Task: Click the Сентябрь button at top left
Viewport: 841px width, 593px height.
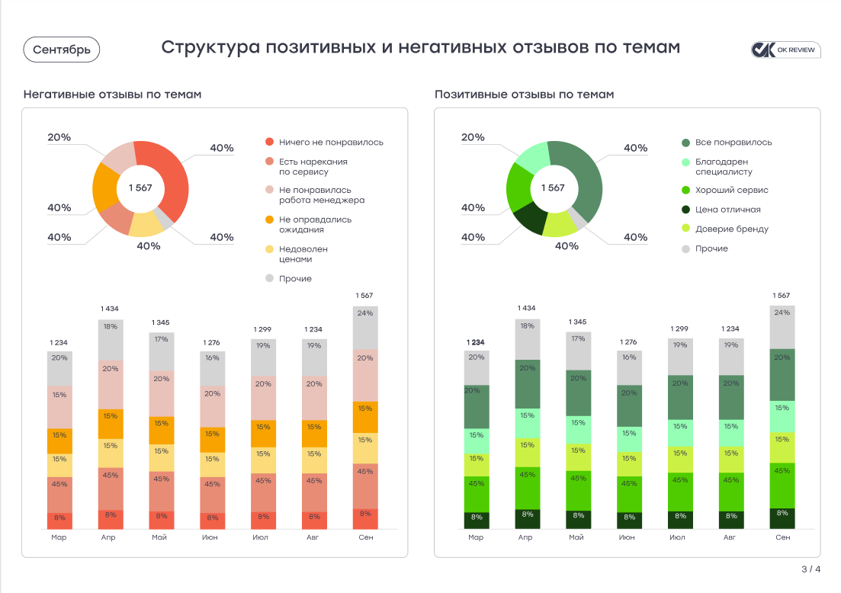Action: tap(62, 50)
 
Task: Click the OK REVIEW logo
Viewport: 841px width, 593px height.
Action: tap(784, 50)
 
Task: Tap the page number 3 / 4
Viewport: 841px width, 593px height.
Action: tap(811, 569)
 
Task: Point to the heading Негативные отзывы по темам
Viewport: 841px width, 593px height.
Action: tap(112, 95)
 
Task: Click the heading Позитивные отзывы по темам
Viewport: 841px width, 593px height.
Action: tap(524, 95)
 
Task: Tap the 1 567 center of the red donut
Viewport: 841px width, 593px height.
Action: tap(140, 188)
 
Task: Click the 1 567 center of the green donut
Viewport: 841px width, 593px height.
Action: tap(554, 188)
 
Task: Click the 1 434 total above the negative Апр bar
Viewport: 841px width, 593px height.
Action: tap(110, 309)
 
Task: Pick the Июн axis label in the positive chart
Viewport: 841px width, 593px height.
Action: tap(626, 537)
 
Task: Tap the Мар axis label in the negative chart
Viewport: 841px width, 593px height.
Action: tap(59, 537)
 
